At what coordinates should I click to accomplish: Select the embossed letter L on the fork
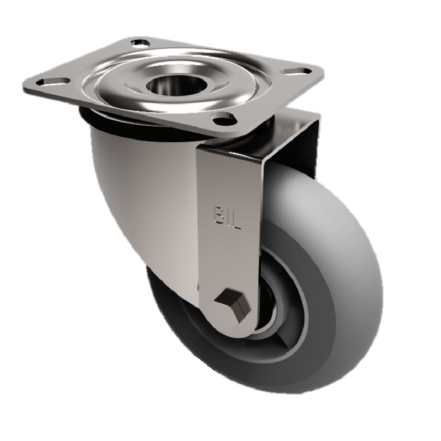point(238,214)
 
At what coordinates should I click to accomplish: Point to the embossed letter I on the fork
point(228,213)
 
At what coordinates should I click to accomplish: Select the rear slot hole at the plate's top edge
point(141,42)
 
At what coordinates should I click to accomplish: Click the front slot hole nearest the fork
point(221,117)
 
